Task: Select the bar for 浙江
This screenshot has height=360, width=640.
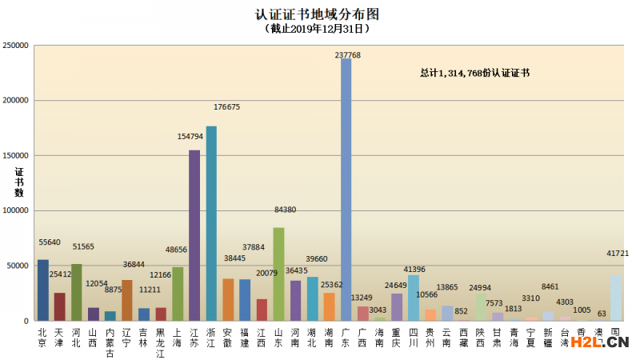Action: (211, 223)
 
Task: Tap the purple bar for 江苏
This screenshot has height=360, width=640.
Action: (194, 235)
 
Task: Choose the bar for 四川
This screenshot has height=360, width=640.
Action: (413, 298)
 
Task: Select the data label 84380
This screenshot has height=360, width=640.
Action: (284, 210)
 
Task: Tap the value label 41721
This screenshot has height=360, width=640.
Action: (617, 254)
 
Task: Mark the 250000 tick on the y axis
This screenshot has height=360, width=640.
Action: (16, 46)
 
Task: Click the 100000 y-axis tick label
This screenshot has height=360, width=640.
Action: (16, 210)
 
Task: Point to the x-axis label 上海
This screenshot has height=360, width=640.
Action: (178, 336)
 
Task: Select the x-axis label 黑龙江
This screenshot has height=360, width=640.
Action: (161, 342)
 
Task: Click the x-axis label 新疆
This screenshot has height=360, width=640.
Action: (548, 336)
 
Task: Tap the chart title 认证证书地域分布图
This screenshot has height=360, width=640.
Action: (316, 14)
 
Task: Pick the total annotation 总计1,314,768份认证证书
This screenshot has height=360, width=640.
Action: (475, 73)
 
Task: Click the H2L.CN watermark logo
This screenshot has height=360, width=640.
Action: (596, 343)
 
